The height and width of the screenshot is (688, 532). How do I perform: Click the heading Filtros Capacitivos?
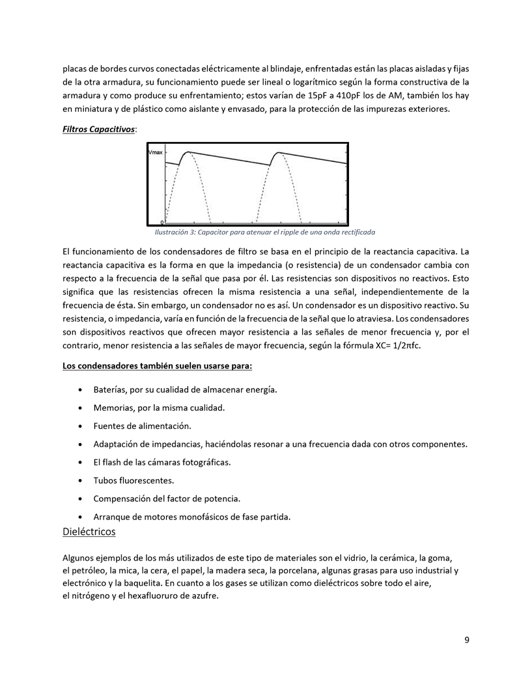tap(98, 130)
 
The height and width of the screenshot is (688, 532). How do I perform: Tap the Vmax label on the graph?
tap(156, 152)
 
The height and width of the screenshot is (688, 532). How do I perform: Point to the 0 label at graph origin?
tap(162, 222)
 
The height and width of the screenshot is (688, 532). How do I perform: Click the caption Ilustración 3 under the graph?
tap(264, 232)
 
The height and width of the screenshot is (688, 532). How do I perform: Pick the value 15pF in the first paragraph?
tap(319, 95)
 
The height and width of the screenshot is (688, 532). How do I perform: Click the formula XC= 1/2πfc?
tap(394, 346)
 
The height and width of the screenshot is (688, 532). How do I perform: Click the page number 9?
tap(467, 640)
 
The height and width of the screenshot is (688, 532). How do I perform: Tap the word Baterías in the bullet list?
tap(111, 389)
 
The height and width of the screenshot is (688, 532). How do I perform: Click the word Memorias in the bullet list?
tap(115, 407)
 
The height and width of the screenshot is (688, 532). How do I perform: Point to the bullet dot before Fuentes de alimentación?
tap(79, 426)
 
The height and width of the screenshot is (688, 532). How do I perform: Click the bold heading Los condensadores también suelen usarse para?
tap(157, 366)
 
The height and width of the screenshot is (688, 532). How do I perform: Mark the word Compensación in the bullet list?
tap(124, 499)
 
